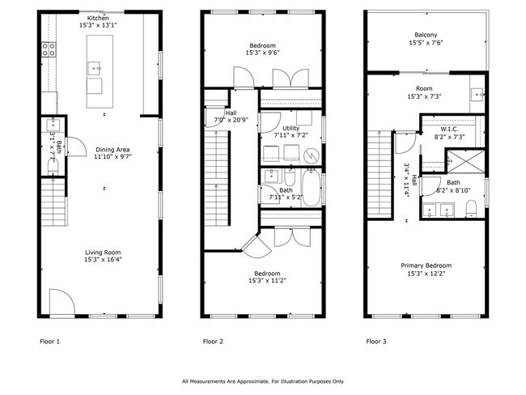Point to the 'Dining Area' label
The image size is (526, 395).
pyautogui.click(x=113, y=150)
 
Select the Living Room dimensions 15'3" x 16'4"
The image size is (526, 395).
pyautogui.click(x=104, y=261)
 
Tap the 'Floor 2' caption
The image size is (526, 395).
pyautogui.click(x=213, y=342)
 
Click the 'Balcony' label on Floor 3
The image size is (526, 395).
pyautogui.click(x=426, y=35)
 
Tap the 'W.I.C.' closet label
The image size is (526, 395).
pyautogui.click(x=450, y=129)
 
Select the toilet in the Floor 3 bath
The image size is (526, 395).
pyautogui.click(x=473, y=210)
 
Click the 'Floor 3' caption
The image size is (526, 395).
pyautogui.click(x=375, y=342)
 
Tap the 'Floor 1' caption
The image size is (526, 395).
pyautogui.click(x=50, y=342)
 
